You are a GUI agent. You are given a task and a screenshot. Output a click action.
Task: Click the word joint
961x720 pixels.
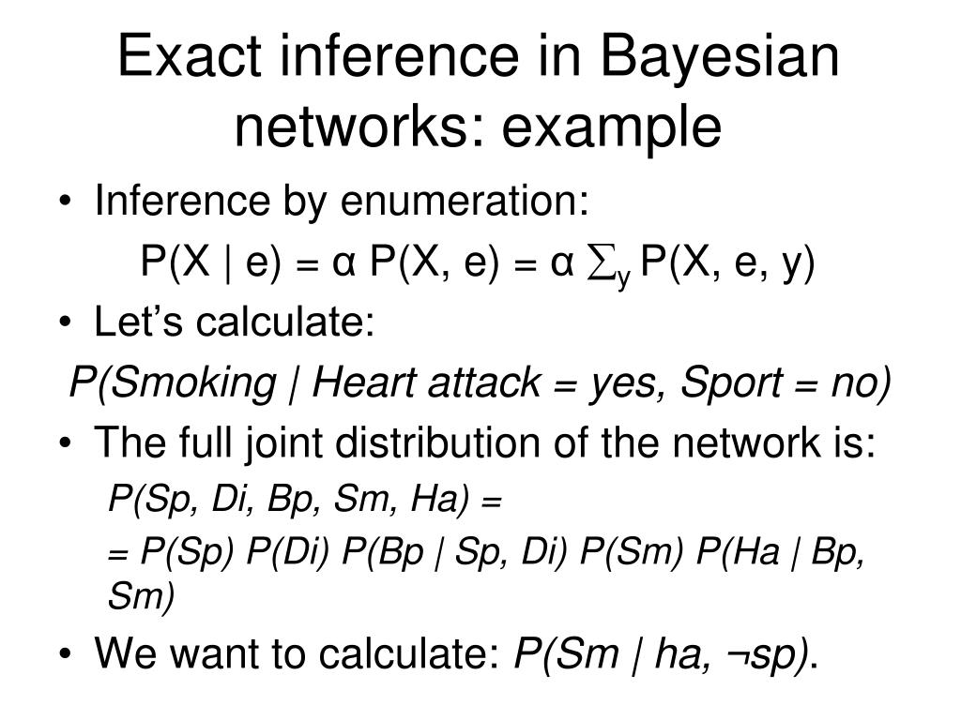(278, 444)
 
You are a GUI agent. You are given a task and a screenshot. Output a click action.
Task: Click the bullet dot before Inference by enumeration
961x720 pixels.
(72, 202)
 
